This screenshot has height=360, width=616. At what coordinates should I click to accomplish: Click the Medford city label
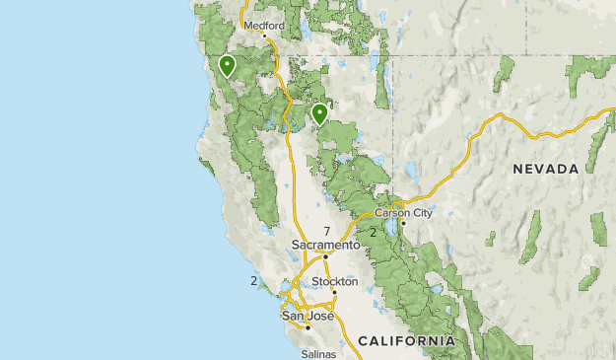coord(263,26)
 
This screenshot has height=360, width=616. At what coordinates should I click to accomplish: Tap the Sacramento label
coord(326,245)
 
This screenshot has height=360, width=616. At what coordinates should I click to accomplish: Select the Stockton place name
coord(335,281)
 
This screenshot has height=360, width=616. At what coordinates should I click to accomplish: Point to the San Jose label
coord(306,316)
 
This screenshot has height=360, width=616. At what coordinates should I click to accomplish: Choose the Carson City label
coord(404,212)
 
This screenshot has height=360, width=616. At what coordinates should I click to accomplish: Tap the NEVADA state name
coord(545,170)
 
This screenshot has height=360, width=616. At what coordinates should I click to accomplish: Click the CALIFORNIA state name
coord(407,340)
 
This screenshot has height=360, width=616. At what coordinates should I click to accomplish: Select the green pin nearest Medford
coord(227,66)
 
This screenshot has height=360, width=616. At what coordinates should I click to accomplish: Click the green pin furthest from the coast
coord(319,114)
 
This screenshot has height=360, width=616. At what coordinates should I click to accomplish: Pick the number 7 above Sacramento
coord(325,231)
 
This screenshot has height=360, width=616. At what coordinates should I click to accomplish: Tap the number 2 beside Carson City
coord(373,233)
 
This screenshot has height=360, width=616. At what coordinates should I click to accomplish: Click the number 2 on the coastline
coord(253,280)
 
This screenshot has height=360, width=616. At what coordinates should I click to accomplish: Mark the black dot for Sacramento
coord(327,255)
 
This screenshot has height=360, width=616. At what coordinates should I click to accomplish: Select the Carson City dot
coord(403,222)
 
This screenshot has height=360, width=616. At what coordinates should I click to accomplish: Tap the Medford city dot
coord(263,36)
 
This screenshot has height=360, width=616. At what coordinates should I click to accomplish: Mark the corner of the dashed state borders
coord(392,55)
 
